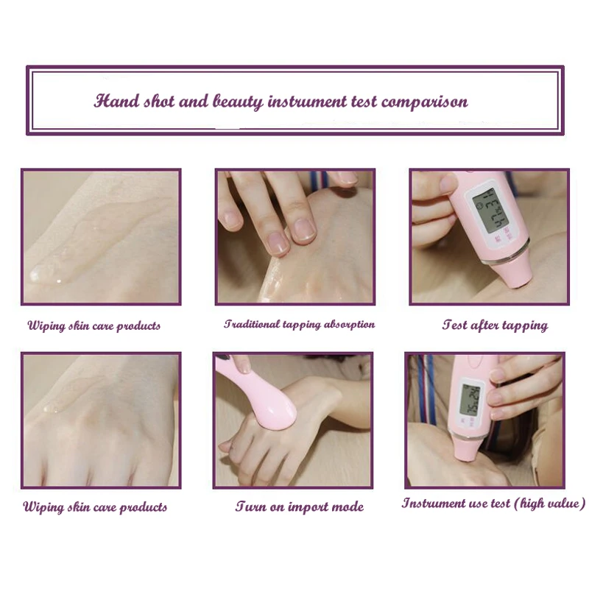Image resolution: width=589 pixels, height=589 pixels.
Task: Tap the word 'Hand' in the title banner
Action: (117, 101)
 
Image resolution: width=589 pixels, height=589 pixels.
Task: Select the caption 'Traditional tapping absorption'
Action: (300, 324)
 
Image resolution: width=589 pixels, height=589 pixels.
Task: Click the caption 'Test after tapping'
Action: (495, 325)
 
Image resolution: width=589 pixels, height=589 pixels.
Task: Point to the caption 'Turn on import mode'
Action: (300, 507)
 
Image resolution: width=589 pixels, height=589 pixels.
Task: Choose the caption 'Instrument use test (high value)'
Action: (493, 503)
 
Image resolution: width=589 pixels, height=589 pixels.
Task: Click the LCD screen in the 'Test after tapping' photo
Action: (489, 210)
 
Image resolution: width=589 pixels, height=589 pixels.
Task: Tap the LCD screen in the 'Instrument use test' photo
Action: (470, 400)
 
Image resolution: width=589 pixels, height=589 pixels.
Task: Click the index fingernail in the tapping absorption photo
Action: (303, 230)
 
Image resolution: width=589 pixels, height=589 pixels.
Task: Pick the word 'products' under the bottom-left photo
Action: (144, 507)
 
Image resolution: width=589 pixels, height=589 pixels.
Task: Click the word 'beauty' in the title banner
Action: (238, 102)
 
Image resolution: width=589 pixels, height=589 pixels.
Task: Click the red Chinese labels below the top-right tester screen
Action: (504, 235)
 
